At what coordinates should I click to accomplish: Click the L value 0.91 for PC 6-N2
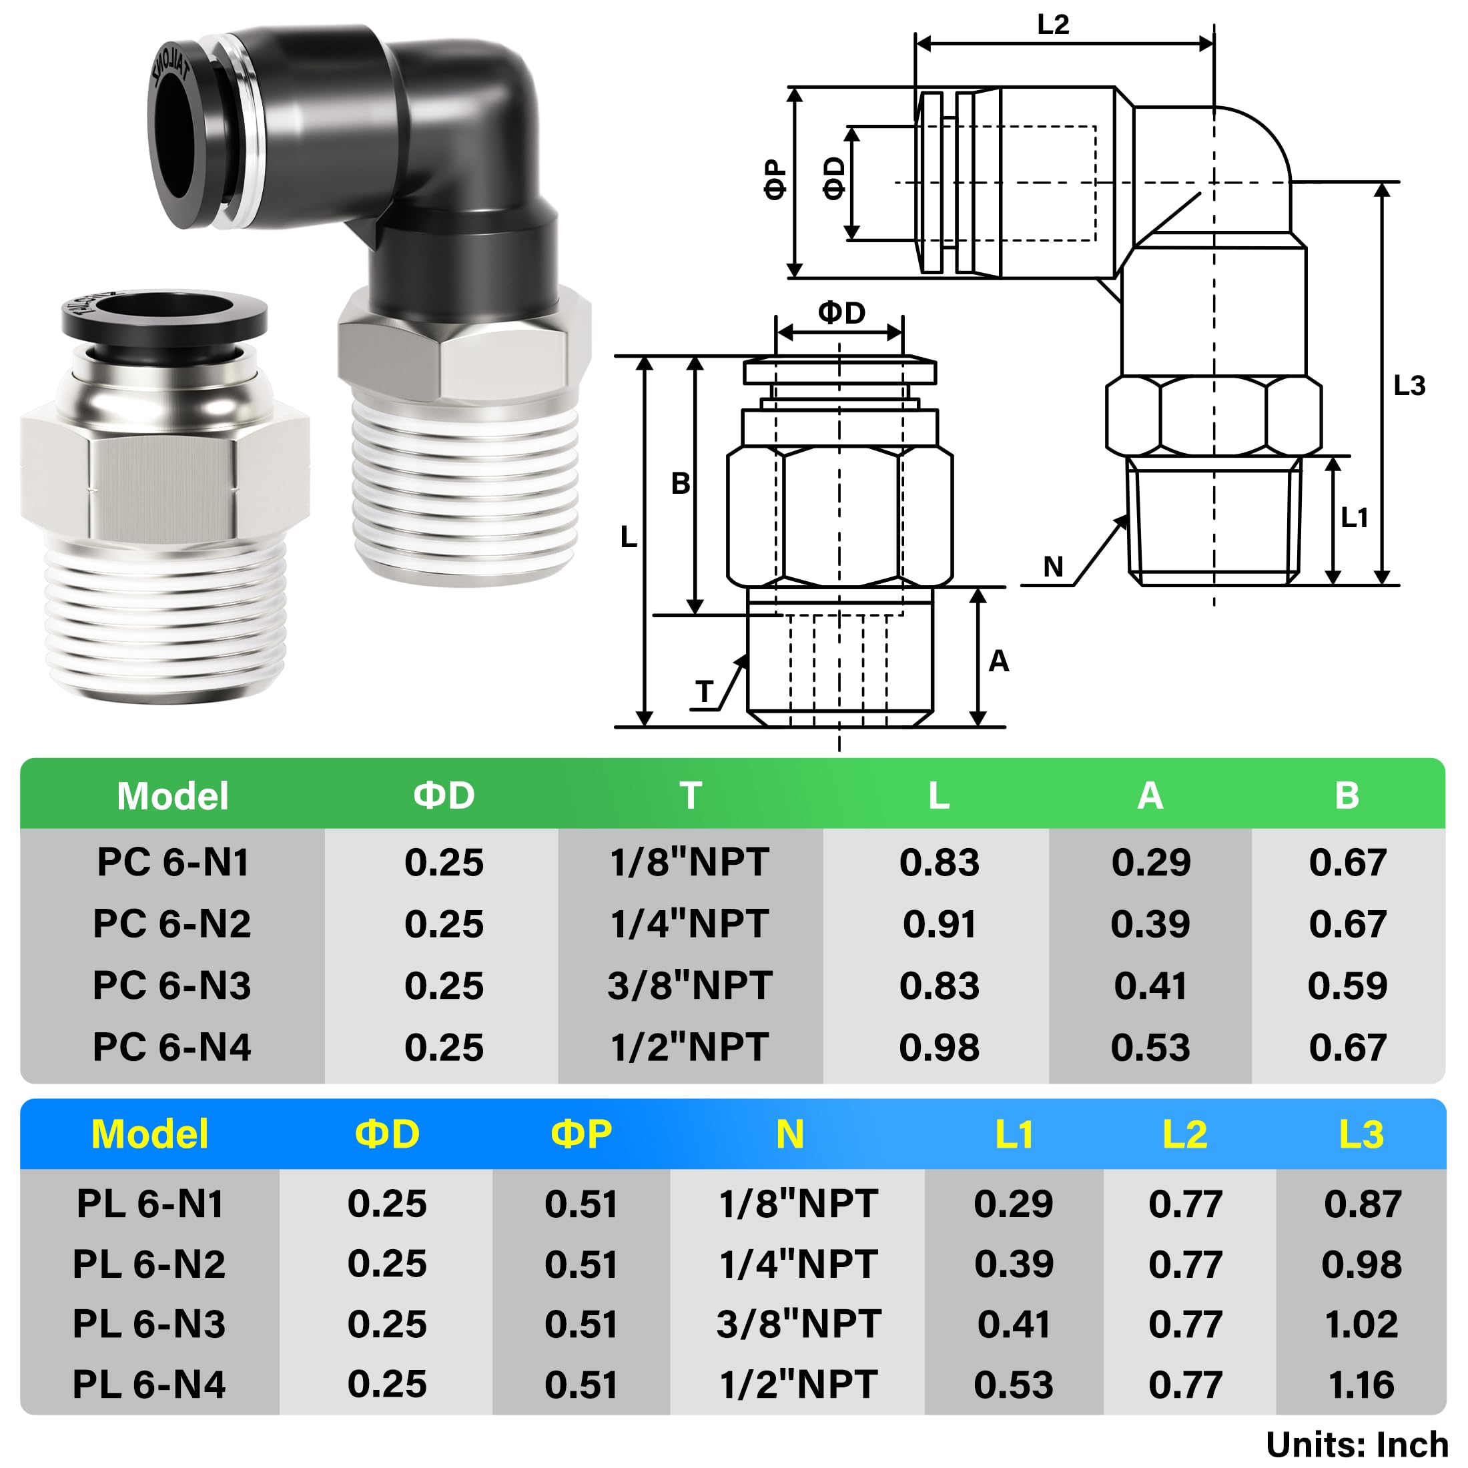[x=939, y=925]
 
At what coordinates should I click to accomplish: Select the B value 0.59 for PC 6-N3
[x=1347, y=986]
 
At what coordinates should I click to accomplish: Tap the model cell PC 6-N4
[x=171, y=1048]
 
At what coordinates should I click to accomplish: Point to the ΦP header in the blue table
[x=581, y=1134]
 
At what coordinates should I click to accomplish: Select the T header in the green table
[x=690, y=795]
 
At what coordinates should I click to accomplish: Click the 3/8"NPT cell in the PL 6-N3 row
[x=798, y=1325]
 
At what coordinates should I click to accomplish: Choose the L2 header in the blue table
[x=1184, y=1134]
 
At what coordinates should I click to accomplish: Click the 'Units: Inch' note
[x=1357, y=1445]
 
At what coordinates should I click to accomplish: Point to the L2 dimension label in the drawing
[x=1052, y=25]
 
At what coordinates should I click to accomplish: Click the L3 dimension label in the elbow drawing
[x=1409, y=386]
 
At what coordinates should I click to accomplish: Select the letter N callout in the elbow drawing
[x=1053, y=567]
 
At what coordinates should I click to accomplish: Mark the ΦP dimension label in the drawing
[x=774, y=179]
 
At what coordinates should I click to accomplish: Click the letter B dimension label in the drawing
[x=680, y=483]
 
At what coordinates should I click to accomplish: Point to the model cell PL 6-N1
[x=149, y=1204]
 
